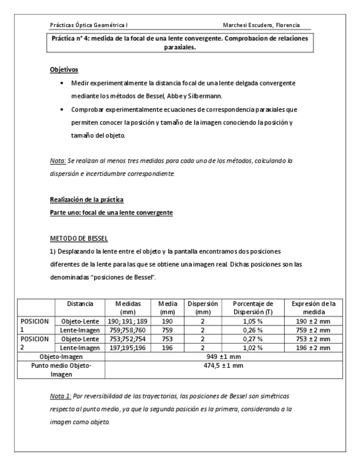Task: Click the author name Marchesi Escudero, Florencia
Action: pos(265,25)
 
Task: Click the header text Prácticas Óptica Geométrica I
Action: pos(89,25)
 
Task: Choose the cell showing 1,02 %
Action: pos(253,348)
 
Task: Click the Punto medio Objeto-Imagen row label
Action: pos(61,369)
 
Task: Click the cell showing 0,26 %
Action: pos(253,330)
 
